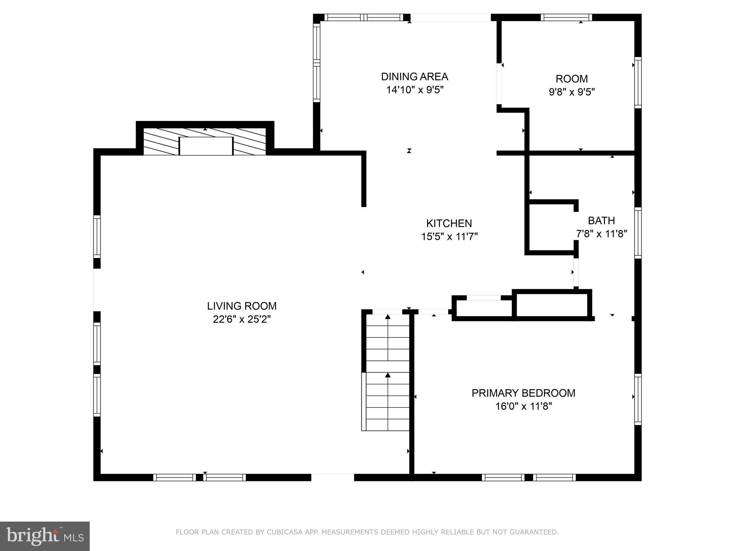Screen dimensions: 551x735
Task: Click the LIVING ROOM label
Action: coord(242,306)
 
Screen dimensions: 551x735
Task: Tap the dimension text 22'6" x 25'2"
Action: coord(242,319)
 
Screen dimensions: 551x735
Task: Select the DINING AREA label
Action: coord(415,77)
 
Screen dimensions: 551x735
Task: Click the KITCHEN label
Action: coord(449,223)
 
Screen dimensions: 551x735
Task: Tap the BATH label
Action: coord(601,221)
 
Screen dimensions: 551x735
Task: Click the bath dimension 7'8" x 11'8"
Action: coord(601,234)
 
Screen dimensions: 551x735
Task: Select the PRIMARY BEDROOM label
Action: coord(523,393)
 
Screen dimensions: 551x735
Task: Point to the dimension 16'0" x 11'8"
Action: coord(523,406)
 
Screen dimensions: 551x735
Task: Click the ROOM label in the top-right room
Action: coord(572,79)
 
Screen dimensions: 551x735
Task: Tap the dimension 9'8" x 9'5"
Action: coord(572,92)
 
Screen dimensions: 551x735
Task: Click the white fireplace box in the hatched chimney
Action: coord(206,146)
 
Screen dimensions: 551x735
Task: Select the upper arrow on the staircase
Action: coord(388,317)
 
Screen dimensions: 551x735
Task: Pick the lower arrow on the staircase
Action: coord(388,376)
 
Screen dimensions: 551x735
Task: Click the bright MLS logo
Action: coord(45,536)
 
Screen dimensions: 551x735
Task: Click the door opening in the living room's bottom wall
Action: coord(332,477)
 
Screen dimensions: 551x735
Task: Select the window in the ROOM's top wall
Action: coord(566,17)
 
